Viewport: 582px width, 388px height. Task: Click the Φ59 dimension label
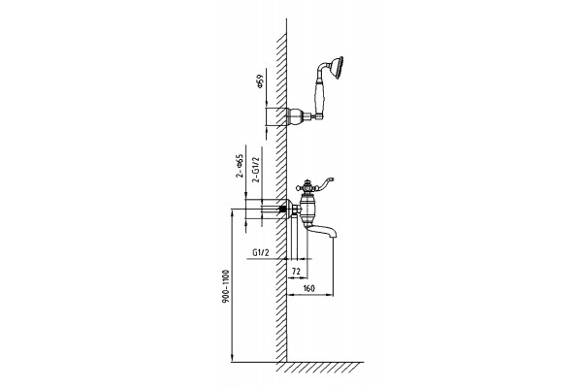pos(260,81)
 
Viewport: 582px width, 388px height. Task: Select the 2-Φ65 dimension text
pos(240,166)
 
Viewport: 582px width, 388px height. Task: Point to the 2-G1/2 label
pos(256,170)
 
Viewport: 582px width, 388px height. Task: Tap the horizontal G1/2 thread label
pos(261,252)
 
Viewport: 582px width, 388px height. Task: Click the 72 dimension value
pos(296,272)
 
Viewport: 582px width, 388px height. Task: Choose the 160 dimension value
pos(308,288)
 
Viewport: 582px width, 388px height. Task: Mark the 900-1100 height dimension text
pos(226,287)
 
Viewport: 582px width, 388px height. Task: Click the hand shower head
pos(338,67)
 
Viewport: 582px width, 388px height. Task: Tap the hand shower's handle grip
pos(319,97)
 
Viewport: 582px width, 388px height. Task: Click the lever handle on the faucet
pos(323,183)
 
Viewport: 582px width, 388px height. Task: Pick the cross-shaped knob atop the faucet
pos(307,186)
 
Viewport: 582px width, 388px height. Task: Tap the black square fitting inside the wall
pos(283,210)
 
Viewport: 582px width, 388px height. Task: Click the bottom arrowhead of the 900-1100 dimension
pos(232,358)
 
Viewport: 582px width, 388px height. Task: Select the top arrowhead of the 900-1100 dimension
pos(232,213)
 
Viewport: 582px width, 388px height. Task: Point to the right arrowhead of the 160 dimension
pos(330,295)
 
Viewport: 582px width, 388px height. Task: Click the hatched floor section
pos(319,368)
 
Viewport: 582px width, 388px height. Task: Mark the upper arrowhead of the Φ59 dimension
pos(267,105)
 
